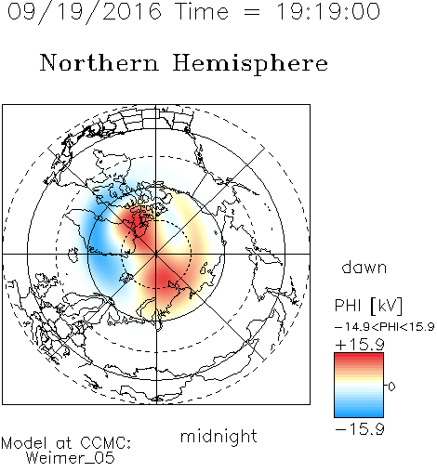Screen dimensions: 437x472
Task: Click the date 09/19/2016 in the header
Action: pos(85,11)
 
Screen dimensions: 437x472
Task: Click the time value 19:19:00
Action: pos(327,11)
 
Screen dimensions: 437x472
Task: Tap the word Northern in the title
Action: pos(99,62)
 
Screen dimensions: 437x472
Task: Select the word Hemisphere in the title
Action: pos(250,64)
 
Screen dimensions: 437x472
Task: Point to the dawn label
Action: pos(364,267)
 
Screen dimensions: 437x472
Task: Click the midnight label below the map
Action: pos(218,436)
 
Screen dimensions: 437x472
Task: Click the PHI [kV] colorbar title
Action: pos(368,306)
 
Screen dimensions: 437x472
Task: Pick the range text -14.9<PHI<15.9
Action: pos(384,327)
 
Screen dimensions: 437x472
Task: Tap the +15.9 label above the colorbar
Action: pos(360,345)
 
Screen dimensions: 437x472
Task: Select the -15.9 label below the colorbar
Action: pos(360,429)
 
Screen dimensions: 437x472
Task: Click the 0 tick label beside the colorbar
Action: pos(391,387)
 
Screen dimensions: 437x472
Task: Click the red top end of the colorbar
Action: pos(359,356)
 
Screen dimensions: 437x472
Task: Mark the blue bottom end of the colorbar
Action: pos(359,414)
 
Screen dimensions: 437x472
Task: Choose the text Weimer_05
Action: pos(71,458)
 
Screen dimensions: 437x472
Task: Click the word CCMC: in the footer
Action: pos(106,443)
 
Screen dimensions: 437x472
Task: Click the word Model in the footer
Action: pos(24,443)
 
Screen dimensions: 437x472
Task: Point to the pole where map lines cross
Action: pos(156,254)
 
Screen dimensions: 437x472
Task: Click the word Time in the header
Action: pos(202,11)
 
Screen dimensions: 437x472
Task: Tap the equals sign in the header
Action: pos(252,12)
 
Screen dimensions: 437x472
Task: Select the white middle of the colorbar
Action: pos(359,385)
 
